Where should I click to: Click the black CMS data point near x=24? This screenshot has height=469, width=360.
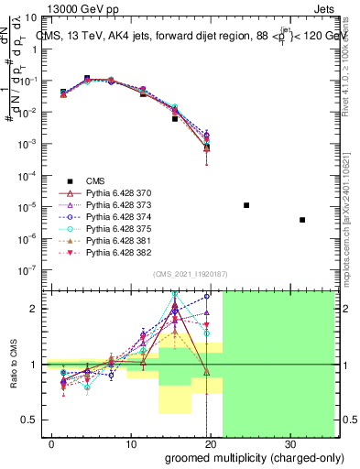click(x=246, y=205)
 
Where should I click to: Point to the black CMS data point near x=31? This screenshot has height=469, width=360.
click(x=303, y=220)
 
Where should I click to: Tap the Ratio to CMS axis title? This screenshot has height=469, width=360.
click(x=13, y=364)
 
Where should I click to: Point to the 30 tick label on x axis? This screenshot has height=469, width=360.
click(x=290, y=444)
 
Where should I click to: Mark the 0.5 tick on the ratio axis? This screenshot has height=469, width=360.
click(x=29, y=420)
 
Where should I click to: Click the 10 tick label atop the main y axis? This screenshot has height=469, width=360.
click(x=29, y=16)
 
